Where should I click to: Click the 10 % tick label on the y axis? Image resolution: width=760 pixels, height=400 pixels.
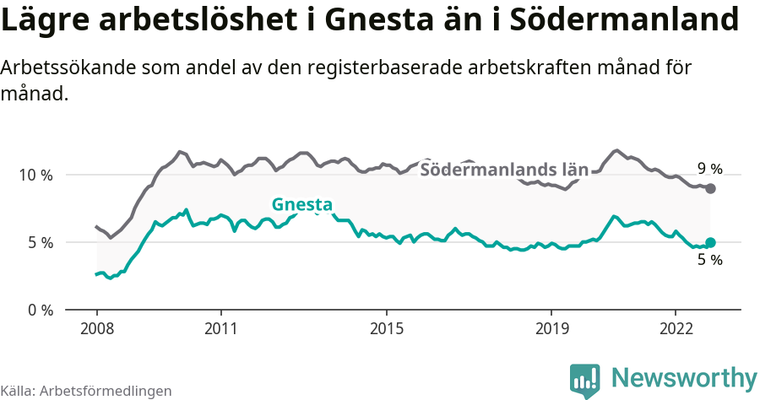pos(35,175)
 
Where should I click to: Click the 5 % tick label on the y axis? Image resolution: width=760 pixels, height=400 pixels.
pos(39,242)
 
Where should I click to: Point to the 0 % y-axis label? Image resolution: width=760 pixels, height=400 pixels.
pos(39,310)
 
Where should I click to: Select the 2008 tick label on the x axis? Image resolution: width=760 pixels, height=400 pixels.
pos(96,327)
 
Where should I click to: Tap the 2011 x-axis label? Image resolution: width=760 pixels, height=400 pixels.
pos(220,327)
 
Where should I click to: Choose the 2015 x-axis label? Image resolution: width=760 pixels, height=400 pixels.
pos(386,327)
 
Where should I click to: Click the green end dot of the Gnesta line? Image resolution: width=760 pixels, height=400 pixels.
pos(710,242)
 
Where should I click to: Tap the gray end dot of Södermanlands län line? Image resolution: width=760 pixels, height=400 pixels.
pos(710,188)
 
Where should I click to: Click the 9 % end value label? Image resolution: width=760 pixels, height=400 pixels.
pos(709,168)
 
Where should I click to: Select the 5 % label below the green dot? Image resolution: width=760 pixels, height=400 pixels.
pos(709,261)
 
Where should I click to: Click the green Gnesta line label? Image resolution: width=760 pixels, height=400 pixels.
pos(301,204)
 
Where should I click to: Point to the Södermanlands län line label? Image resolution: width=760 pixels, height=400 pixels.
pos(503,170)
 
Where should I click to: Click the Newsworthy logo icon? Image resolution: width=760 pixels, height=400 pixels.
pos(585,380)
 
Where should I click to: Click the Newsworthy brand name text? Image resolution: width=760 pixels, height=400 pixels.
pos(683,377)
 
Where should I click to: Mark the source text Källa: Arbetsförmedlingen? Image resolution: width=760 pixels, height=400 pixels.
pos(86,391)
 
